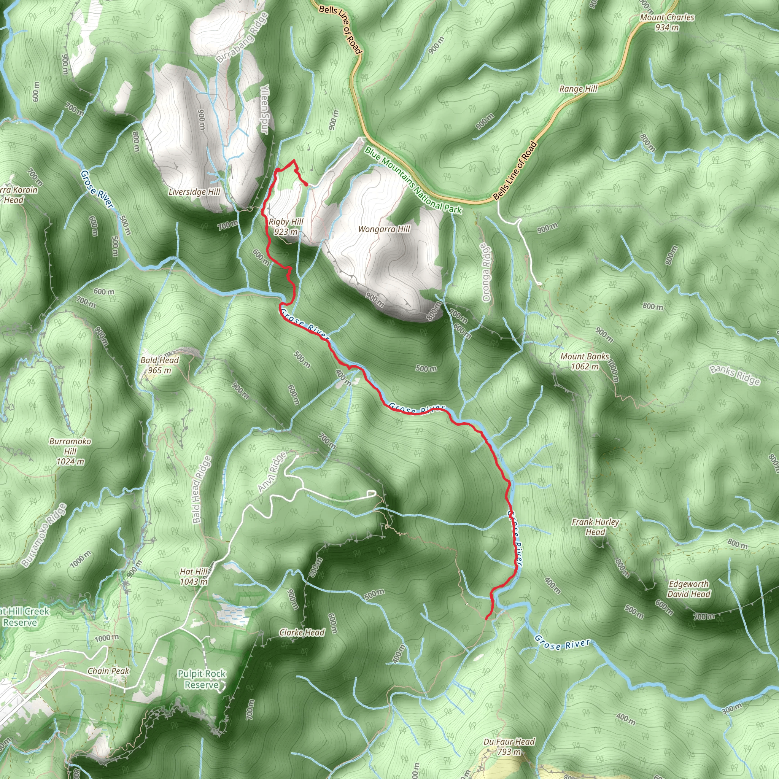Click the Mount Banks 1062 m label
tap(584, 361)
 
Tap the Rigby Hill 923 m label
tap(286, 227)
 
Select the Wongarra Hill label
tap(384, 229)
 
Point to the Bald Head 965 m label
tap(159, 365)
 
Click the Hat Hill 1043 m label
tap(194, 576)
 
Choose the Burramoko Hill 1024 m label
tap(70, 451)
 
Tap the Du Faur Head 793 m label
tap(509, 746)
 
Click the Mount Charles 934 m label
tap(667, 22)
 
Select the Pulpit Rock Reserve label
tap(202, 679)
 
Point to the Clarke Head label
tap(302, 632)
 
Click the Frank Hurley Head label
tap(595, 526)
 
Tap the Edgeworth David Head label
tap(689, 589)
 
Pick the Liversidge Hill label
tap(194, 192)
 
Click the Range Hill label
tap(578, 89)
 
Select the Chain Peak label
tap(108, 671)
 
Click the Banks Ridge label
tap(735, 375)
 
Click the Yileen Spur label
tap(264, 109)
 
